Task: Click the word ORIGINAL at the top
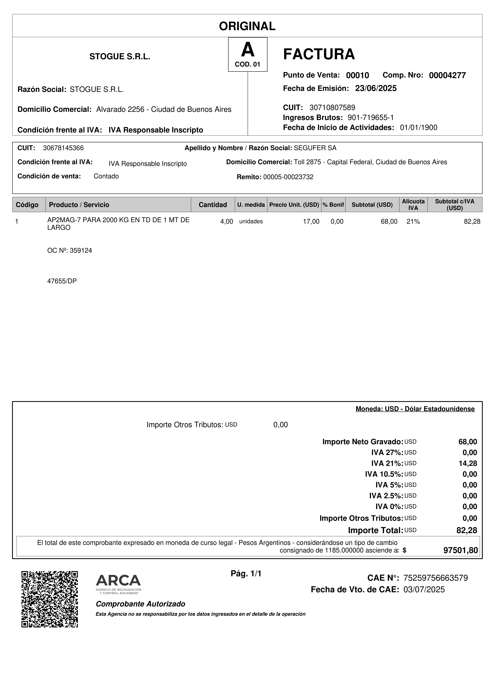tap(247, 26)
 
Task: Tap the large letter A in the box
tap(247, 50)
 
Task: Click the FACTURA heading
tap(319, 54)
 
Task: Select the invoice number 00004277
tap(447, 75)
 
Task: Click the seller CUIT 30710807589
tap(332, 107)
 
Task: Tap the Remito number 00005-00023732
tap(288, 177)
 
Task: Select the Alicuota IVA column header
tap(413, 205)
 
